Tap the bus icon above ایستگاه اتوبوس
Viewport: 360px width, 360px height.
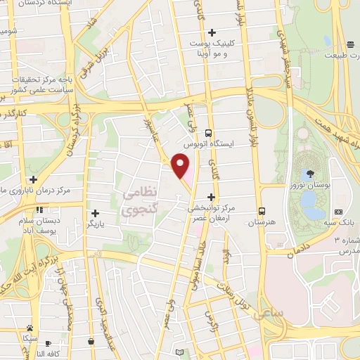pos(208,132)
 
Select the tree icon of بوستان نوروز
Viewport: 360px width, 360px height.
pos(310,173)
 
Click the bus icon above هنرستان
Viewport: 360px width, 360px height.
pos(262,210)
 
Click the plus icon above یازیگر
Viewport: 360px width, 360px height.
pos(95,212)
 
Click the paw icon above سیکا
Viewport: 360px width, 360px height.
pos(30,328)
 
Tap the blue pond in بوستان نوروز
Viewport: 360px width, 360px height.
pos(309,200)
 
